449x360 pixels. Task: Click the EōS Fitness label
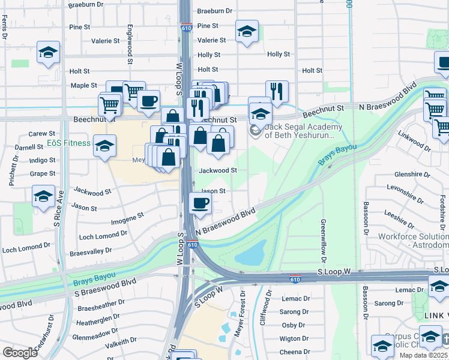click(69, 143)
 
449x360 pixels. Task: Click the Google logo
click(20, 353)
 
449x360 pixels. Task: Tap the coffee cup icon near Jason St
click(200, 203)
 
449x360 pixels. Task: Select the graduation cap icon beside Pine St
click(246, 32)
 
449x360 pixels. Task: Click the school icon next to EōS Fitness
click(104, 146)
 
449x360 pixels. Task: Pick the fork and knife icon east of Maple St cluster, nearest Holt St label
click(277, 91)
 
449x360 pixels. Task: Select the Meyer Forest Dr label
click(243, 312)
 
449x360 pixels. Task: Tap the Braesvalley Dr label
click(91, 251)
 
